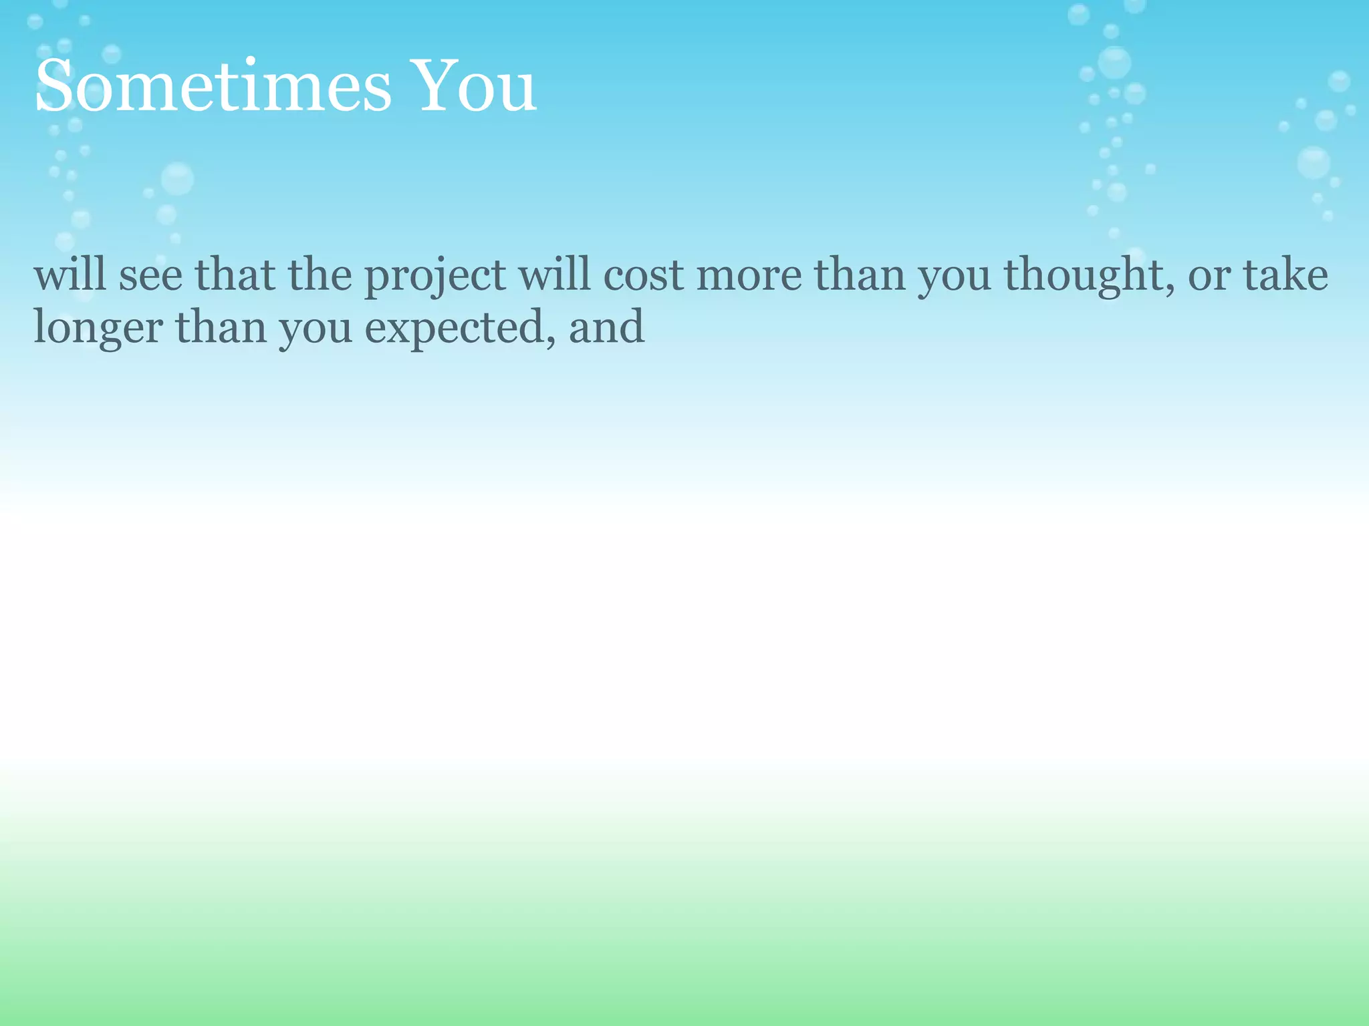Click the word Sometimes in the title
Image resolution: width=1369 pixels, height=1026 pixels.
click(213, 87)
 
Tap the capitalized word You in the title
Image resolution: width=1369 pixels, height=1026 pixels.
click(476, 87)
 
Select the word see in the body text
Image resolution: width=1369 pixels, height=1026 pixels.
click(150, 275)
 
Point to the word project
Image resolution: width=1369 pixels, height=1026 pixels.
click(435, 277)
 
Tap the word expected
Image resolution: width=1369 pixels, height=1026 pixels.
click(455, 329)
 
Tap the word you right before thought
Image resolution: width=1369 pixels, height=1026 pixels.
click(955, 277)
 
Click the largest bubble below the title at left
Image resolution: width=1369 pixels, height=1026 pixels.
click(177, 178)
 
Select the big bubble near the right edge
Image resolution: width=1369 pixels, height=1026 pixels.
click(1314, 162)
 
